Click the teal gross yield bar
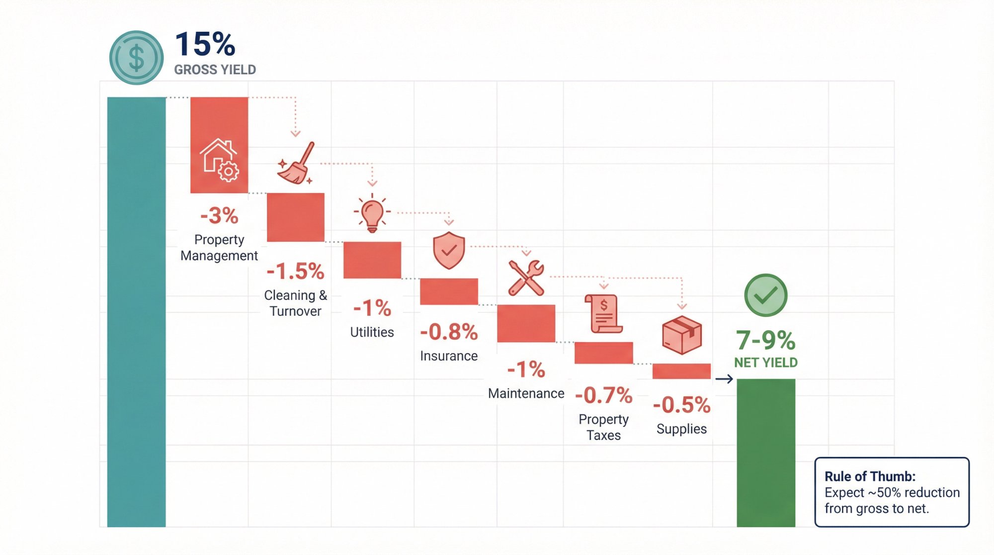(x=136, y=312)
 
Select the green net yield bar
(x=765, y=453)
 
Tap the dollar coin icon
(x=136, y=58)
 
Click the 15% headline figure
(x=205, y=44)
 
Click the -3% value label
(x=219, y=216)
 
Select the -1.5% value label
(x=295, y=272)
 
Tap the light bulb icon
(x=372, y=214)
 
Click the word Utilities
(x=372, y=332)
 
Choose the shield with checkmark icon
(x=449, y=250)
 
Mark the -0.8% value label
(x=449, y=332)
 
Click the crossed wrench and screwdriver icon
(x=526, y=278)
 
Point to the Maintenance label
(x=526, y=393)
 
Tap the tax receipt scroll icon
(x=603, y=314)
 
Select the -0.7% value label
(x=603, y=396)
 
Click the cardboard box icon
(x=681, y=335)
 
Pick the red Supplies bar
(x=681, y=371)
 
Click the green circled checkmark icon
(x=765, y=295)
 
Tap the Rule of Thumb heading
(x=870, y=476)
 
